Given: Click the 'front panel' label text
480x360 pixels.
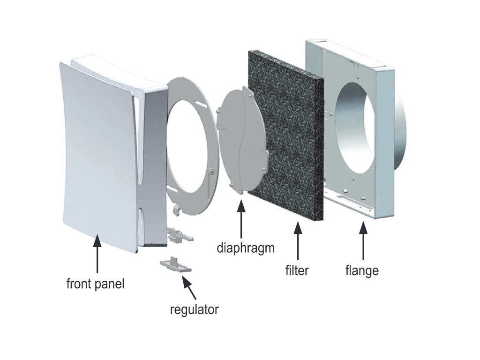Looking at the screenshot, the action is point(95,284).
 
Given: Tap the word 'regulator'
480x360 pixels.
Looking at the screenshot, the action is point(194,309).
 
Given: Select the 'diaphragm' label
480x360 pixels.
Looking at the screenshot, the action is point(246,248).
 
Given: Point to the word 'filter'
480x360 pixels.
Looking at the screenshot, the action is point(297,270).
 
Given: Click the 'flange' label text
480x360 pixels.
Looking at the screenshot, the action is point(362,270).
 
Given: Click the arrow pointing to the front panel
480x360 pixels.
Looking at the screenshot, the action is point(97,254).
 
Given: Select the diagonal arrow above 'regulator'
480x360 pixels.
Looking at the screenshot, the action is point(189,287).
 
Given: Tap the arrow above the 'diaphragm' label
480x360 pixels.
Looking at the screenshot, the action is point(241,219).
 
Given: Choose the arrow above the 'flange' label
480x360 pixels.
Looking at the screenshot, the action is point(363,241).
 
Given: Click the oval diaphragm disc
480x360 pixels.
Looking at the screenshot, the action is point(242,140).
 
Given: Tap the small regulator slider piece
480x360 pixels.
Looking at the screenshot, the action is point(175,265).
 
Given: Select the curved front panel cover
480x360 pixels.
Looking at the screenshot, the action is point(98,156).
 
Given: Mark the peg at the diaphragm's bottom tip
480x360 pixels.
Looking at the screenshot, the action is point(240,192).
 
